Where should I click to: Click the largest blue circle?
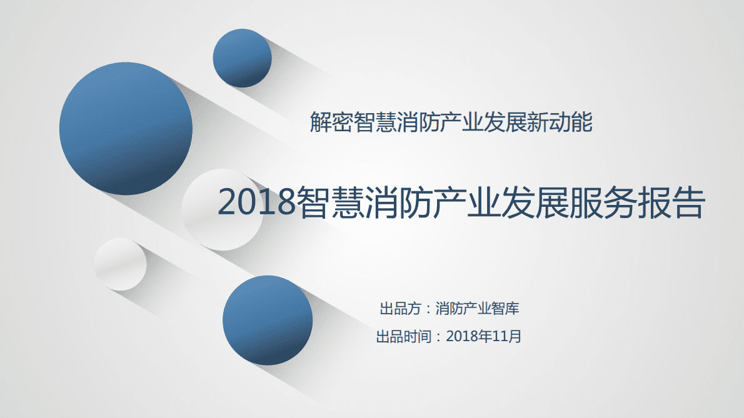pos(126,129)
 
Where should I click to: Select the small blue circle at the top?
pos(242,58)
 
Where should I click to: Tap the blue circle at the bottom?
pos(268,320)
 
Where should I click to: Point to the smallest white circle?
pos(120,264)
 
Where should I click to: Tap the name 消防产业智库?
pos(478,309)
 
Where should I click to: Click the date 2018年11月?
pos(485,337)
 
